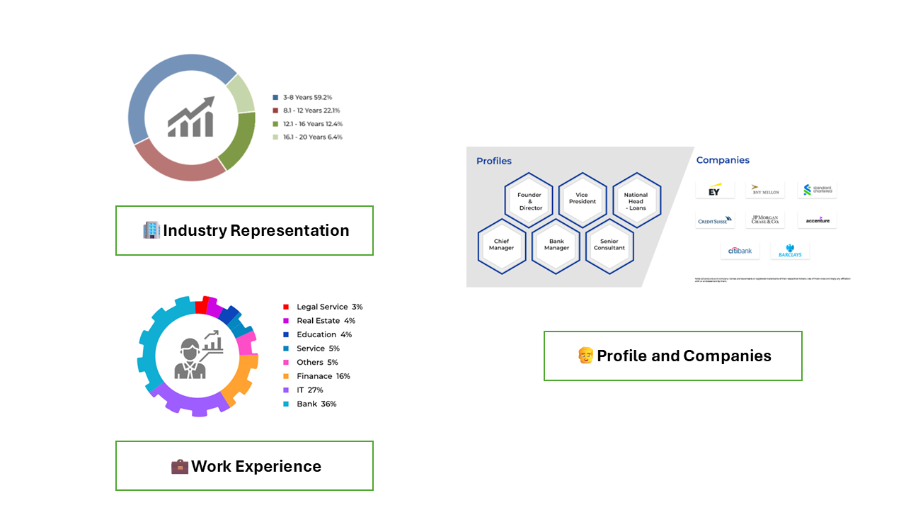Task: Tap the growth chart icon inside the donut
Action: click(191, 118)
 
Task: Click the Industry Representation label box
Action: click(244, 231)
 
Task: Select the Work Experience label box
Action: click(244, 466)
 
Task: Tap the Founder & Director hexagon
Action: click(530, 201)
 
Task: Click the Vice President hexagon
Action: click(582, 199)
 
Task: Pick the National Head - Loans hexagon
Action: click(636, 201)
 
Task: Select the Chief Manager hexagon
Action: click(502, 244)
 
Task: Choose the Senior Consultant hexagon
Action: click(609, 244)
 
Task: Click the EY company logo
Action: click(715, 191)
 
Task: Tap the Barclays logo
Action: click(790, 251)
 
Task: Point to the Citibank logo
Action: click(740, 251)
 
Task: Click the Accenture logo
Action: click(818, 220)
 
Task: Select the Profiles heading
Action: click(494, 161)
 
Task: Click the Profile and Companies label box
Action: click(672, 356)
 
